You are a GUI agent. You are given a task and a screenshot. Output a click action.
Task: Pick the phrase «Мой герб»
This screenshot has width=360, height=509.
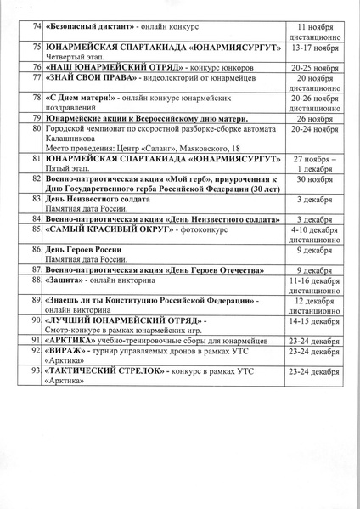176,179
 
